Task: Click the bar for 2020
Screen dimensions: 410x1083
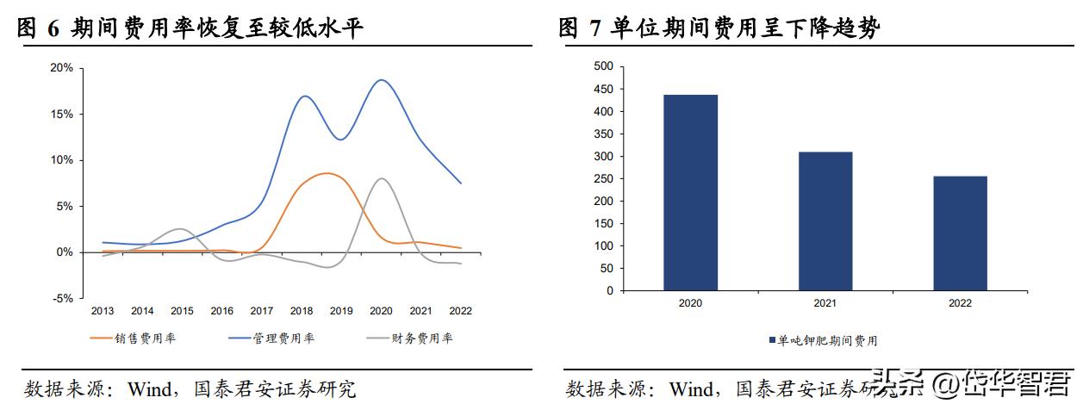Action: click(x=690, y=193)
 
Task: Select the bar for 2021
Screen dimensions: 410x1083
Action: click(x=825, y=221)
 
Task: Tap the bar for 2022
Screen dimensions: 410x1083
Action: click(x=960, y=233)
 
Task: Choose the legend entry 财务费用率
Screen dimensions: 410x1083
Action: click(x=421, y=339)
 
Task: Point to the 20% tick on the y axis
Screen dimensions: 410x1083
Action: click(x=62, y=68)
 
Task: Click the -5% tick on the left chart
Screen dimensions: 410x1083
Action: click(x=62, y=299)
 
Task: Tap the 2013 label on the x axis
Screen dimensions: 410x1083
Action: click(x=103, y=311)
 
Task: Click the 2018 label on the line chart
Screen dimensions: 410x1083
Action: click(x=302, y=311)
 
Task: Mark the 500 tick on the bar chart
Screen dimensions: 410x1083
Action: click(x=603, y=66)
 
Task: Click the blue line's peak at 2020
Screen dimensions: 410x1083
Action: click(x=380, y=80)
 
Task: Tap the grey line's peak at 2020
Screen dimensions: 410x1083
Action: click(x=380, y=178)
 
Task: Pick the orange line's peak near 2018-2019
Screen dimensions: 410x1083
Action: click(x=326, y=173)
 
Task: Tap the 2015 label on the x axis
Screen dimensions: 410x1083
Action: click(x=182, y=311)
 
